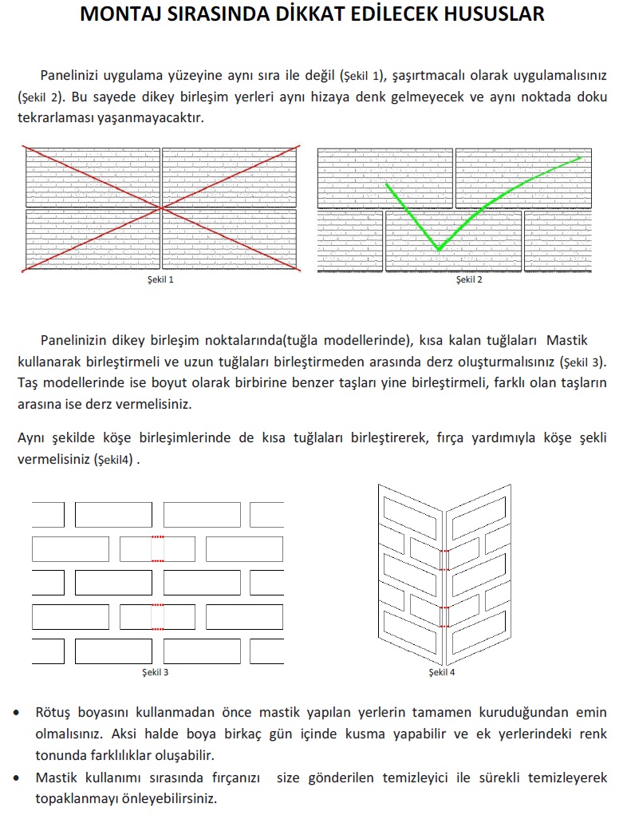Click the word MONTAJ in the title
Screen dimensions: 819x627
[124, 14]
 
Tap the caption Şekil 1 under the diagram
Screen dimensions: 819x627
[160, 279]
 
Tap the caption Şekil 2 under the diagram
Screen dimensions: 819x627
[469, 279]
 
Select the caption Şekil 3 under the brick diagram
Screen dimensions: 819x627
[155, 672]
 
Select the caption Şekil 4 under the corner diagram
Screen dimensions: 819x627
[442, 672]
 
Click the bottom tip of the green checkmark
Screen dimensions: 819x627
[438, 250]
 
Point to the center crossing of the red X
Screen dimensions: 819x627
[162, 208]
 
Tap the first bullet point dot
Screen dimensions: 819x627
[18, 712]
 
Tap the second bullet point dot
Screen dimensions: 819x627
[18, 777]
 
